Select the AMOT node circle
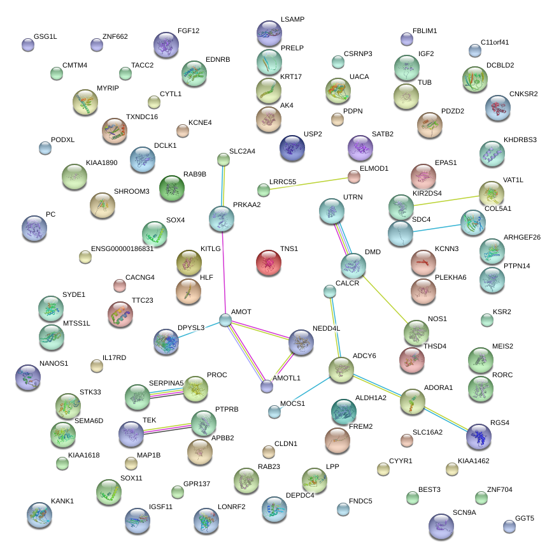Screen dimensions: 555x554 coord(225,320)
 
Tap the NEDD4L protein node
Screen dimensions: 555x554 coord(301,343)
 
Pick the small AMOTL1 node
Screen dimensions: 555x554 coord(267,386)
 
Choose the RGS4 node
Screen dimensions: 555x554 coord(479,436)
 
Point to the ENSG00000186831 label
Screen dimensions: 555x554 coord(122,249)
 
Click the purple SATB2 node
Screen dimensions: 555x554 coord(360,148)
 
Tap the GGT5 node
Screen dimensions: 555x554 coord(509,526)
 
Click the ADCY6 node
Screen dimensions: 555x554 coord(341,370)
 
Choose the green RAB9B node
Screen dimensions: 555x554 coord(172,187)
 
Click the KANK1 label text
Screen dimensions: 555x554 coord(62,501)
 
